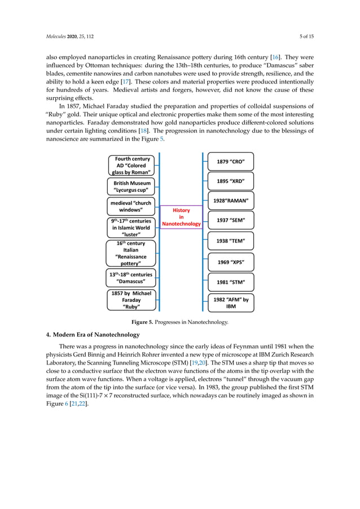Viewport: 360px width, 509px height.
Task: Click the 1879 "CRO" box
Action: coord(231,162)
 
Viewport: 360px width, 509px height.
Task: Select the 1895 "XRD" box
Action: coord(231,181)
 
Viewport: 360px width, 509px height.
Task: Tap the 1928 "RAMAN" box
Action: coord(231,200)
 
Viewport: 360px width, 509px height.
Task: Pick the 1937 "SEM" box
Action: coord(231,220)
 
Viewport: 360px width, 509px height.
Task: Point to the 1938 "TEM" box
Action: coord(231,241)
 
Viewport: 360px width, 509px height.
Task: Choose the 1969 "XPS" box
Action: coord(231,262)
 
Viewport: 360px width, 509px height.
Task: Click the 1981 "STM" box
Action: coord(231,282)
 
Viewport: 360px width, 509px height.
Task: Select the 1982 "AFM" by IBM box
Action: coord(231,303)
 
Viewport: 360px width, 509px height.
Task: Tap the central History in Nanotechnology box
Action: coord(181,217)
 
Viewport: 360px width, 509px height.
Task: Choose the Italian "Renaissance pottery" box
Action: coord(131,253)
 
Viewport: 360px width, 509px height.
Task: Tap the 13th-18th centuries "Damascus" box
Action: coord(131,278)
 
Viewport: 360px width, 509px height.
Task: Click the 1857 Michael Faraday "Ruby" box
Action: coord(131,300)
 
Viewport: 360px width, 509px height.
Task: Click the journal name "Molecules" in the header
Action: coord(56,38)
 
